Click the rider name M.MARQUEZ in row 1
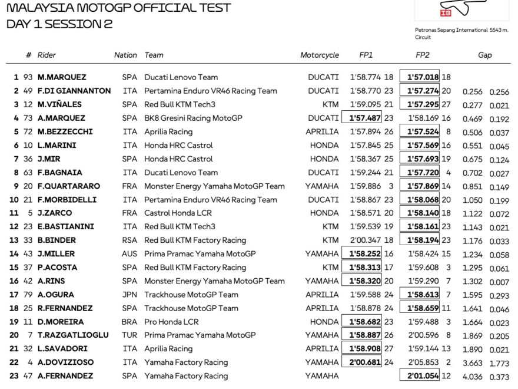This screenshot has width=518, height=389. [x=62, y=77]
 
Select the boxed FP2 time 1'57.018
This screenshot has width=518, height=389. [x=419, y=77]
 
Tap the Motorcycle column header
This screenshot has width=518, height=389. [x=320, y=55]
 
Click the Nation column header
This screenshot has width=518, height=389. [x=125, y=55]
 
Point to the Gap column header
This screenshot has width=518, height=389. [x=484, y=55]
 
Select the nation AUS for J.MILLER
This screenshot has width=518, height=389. [x=129, y=254]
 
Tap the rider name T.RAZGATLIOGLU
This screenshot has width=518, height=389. [x=73, y=335]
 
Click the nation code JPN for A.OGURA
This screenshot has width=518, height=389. [x=129, y=295]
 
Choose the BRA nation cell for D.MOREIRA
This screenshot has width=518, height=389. [x=129, y=322]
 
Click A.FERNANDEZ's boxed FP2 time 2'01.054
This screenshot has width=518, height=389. [x=419, y=376]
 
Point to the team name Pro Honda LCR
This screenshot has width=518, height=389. [x=171, y=322]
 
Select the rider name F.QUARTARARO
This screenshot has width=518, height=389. [x=69, y=186]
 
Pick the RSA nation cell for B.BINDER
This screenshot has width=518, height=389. [x=129, y=240]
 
